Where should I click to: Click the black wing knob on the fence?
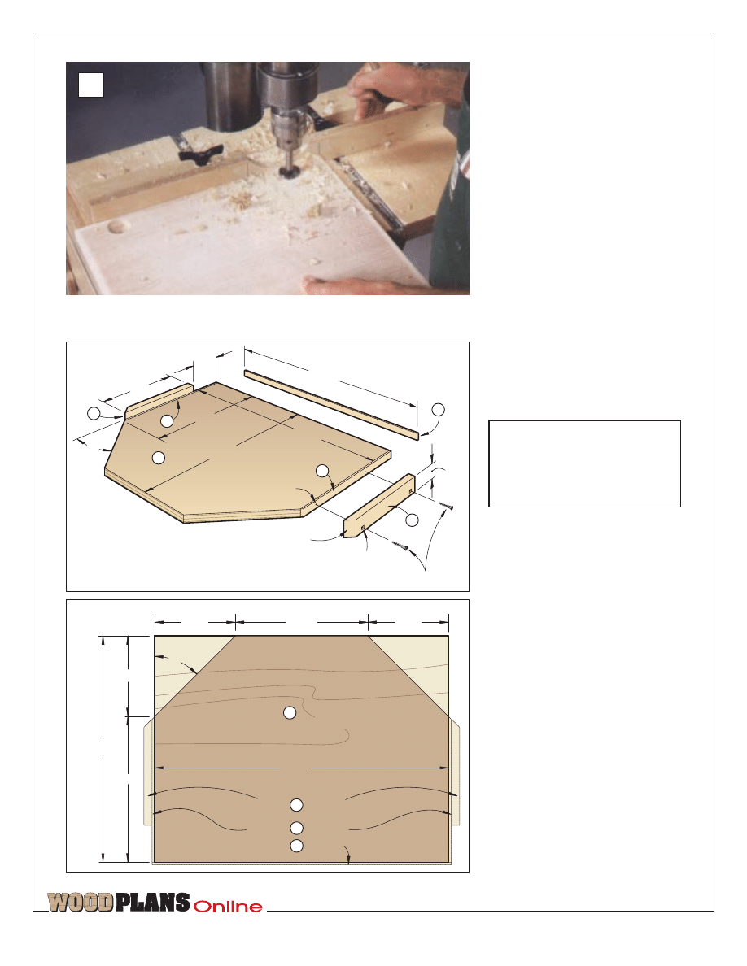[x=196, y=151]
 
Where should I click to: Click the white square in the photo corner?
[x=90, y=85]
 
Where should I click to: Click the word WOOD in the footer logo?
[x=81, y=903]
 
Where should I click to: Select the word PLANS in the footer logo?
[x=152, y=903]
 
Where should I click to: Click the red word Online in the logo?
[x=228, y=907]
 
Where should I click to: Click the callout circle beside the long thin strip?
[x=438, y=410]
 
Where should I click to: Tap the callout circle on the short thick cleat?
[x=412, y=520]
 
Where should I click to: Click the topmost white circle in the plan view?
[x=289, y=713]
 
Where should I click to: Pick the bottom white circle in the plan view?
[x=296, y=846]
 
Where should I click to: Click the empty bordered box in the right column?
[x=584, y=464]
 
